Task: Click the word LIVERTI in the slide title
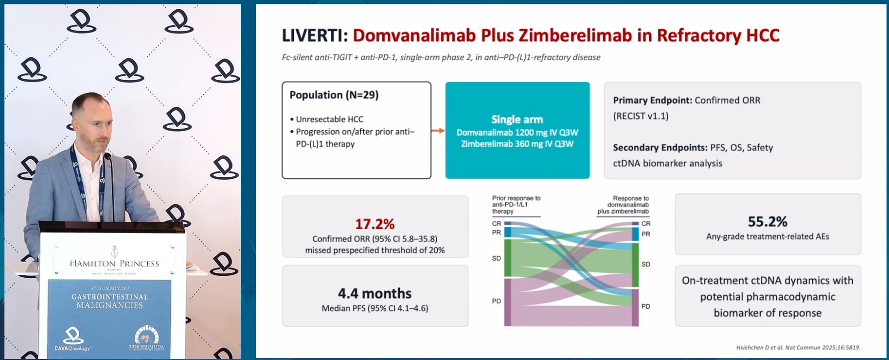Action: (315, 36)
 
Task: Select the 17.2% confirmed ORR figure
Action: (374, 224)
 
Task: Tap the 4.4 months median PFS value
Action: (374, 293)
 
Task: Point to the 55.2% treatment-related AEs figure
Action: (768, 222)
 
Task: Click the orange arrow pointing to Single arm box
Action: (438, 130)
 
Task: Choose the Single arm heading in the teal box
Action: (517, 120)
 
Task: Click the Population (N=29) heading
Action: (334, 95)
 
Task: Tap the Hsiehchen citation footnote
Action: (798, 347)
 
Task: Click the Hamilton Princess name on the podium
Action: (115, 264)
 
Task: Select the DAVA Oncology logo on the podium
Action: (72, 339)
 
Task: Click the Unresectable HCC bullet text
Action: (329, 119)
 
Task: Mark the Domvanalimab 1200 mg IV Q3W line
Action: (517, 132)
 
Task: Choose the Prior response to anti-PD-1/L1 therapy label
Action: (516, 205)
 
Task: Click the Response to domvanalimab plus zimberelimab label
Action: (623, 205)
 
